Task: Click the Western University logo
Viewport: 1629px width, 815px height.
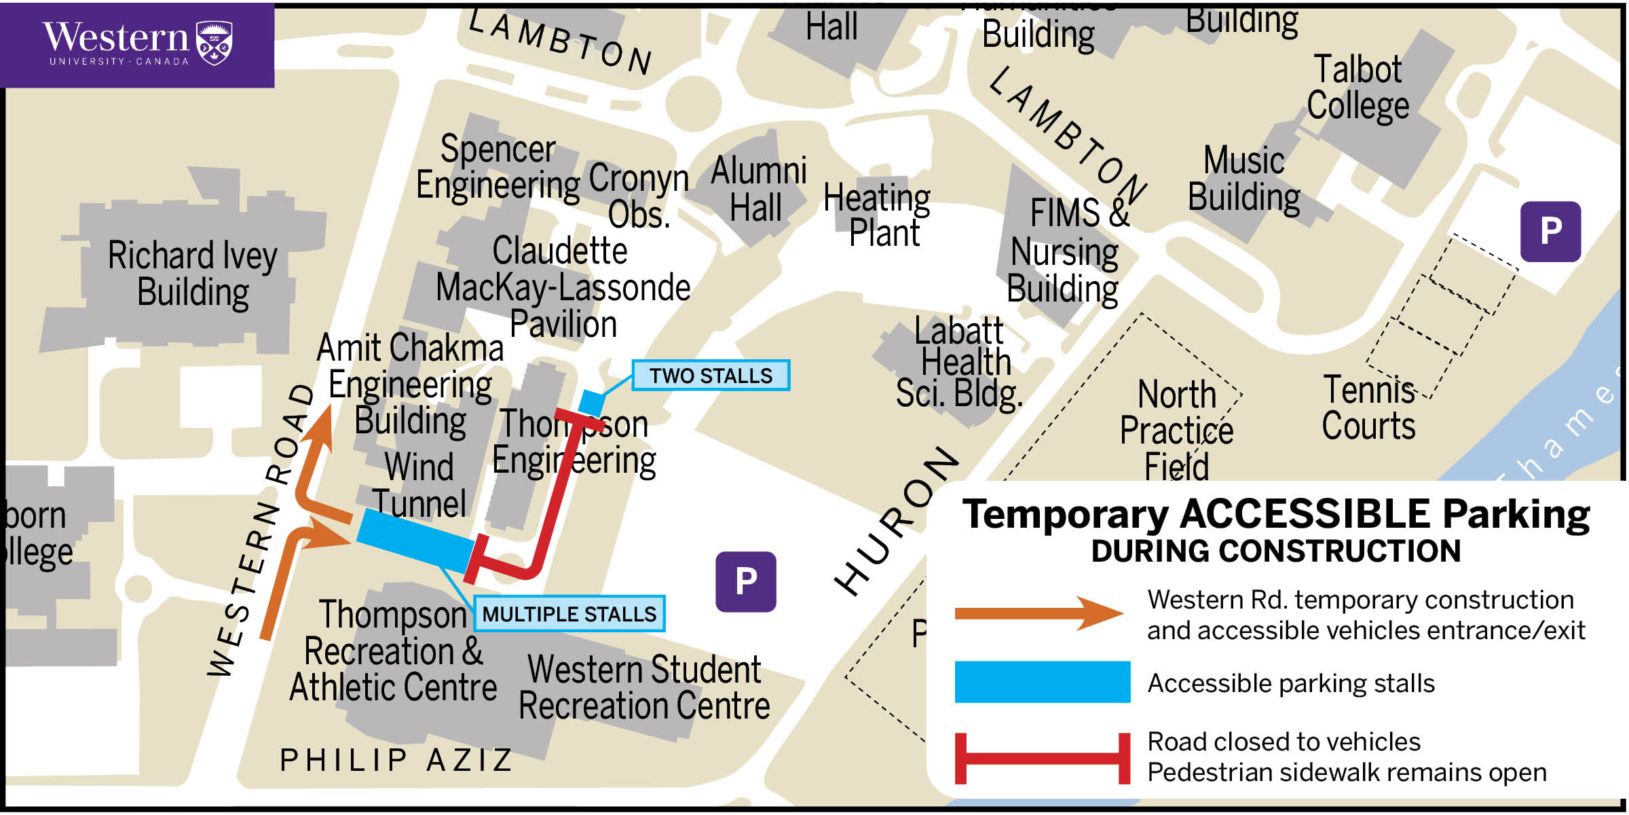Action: (137, 44)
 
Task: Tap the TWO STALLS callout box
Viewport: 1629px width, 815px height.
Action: (711, 376)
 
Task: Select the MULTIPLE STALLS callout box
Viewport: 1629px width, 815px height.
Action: (569, 614)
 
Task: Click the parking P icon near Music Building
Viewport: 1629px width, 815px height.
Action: (1550, 232)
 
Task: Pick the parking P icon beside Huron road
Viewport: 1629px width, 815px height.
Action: (745, 581)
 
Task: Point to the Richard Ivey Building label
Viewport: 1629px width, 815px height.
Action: (193, 274)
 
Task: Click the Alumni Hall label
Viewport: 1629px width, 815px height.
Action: (758, 189)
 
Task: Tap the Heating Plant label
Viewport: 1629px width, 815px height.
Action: (878, 215)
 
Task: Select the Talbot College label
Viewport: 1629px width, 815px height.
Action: (1357, 88)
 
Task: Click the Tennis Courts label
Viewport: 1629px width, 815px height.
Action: (1368, 407)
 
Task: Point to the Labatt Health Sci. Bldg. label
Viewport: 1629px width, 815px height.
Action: (960, 363)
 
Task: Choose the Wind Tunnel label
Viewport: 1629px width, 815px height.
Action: (419, 485)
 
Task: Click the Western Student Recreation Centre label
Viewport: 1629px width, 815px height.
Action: (644, 687)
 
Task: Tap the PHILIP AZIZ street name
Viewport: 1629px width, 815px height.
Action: (397, 760)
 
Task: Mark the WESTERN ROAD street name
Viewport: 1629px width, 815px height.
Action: (261, 530)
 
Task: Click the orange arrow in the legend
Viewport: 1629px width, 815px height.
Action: (1038, 613)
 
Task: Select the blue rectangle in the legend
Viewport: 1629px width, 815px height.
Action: (1042, 682)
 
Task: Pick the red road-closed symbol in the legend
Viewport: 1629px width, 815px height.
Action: (1042, 758)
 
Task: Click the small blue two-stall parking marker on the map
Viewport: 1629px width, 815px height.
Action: (591, 402)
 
